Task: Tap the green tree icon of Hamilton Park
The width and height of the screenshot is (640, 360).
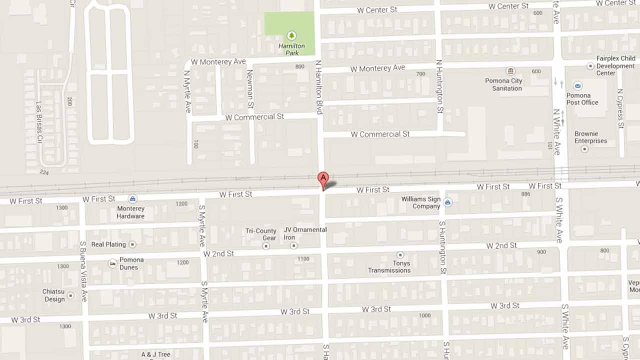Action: point(291,35)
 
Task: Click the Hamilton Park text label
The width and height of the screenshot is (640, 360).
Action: point(291,49)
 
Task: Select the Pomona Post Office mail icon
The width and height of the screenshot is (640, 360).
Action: point(578,86)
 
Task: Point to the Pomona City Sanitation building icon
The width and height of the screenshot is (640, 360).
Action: point(510,71)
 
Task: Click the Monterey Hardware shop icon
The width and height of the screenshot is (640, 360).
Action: point(132,198)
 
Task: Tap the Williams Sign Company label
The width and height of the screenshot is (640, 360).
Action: point(420,202)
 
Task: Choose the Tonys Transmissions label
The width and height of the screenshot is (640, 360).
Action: point(389,266)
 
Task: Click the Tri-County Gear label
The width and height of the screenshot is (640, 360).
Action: point(261,234)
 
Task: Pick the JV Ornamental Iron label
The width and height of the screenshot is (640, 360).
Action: point(305,233)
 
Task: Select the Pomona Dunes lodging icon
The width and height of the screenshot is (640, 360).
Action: point(112,262)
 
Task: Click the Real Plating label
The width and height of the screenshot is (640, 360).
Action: point(108,244)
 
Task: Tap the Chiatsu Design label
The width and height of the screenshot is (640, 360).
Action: point(53,295)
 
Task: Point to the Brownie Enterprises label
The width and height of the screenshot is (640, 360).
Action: point(590,137)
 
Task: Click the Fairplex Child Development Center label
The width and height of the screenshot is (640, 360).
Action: point(615,65)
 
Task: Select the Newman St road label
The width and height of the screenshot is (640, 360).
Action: point(250,89)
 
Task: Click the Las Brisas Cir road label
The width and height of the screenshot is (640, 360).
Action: point(39,122)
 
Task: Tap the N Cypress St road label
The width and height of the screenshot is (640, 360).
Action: point(620,108)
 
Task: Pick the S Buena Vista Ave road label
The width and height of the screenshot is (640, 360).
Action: point(83,271)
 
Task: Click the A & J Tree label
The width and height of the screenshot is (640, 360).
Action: point(155,354)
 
